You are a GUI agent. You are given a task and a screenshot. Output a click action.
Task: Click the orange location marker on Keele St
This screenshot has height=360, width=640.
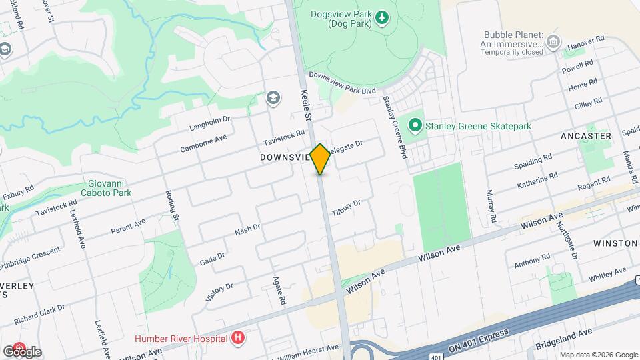pyautogui.click(x=320, y=159)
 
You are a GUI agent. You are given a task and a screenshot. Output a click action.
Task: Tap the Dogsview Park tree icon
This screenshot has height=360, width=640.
pyautogui.click(x=382, y=17)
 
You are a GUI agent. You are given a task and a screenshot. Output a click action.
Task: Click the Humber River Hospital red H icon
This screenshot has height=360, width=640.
pyautogui.click(x=237, y=338)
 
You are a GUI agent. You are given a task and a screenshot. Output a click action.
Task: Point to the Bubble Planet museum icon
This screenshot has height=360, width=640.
pyautogui.click(x=553, y=43)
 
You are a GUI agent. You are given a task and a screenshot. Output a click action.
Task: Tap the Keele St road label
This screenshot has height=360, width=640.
pyautogui.click(x=307, y=105)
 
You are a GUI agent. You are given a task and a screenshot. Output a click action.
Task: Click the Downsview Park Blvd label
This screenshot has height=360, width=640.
pyautogui.click(x=343, y=83)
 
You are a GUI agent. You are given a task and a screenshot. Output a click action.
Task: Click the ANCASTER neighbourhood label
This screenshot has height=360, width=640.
pyautogui.click(x=587, y=136)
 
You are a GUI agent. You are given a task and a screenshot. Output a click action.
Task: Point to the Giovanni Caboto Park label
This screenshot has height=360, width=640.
pyautogui.click(x=110, y=188)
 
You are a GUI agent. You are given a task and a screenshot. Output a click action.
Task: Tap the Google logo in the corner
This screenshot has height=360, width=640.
pyautogui.click(x=23, y=351)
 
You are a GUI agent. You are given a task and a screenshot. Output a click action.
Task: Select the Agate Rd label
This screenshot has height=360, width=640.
pyautogui.click(x=279, y=291)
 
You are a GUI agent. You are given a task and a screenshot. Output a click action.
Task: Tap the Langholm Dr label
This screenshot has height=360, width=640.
pyautogui.click(x=209, y=123)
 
